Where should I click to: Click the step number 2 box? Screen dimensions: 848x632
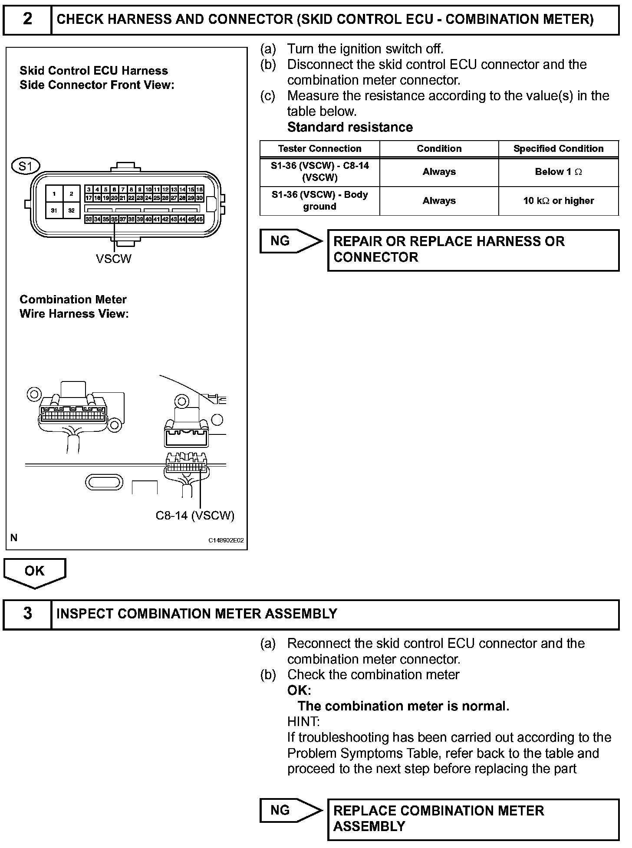27,20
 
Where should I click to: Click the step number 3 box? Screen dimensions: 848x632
27,614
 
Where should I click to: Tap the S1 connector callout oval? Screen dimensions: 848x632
26,166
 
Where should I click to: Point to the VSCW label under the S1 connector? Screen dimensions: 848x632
113,259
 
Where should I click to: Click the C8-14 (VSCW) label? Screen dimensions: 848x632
195,515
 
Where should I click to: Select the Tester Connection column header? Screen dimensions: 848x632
319,149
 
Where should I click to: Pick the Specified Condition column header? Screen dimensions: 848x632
558,149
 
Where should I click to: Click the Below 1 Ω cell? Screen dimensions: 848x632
558,172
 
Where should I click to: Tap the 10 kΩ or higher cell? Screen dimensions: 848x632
558,200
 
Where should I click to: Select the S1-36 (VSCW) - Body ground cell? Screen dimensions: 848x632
319,200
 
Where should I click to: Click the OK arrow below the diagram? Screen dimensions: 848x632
34,572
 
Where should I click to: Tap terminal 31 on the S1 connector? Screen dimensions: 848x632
54,210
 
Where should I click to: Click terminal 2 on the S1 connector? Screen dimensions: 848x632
72,194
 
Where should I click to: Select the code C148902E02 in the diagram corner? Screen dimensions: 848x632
226,541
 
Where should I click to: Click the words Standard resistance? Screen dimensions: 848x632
350,127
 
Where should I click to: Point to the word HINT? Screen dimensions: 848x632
303,722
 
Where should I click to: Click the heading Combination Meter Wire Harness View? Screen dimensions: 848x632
74,306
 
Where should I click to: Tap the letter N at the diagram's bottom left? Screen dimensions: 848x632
14,538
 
